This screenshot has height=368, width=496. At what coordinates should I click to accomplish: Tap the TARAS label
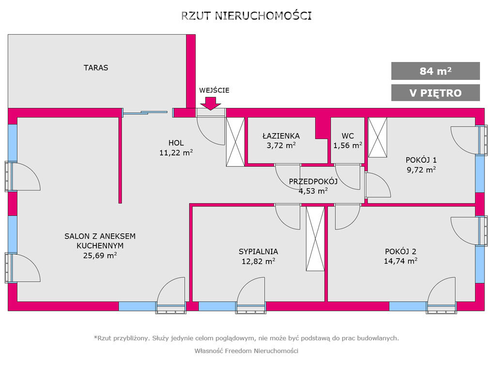(96, 68)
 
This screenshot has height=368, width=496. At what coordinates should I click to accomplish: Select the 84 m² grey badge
(435, 71)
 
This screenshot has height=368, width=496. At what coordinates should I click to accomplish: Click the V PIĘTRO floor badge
(435, 92)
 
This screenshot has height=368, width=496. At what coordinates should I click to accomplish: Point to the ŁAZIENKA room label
(281, 136)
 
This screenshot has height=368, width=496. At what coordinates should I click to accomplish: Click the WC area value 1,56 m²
(348, 145)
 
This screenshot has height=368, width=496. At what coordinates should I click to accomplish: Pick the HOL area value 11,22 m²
(176, 153)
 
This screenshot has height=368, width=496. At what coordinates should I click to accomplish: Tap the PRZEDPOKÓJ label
(313, 182)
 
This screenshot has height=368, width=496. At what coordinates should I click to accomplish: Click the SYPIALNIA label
(258, 252)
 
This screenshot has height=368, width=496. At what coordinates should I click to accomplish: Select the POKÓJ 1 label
(421, 160)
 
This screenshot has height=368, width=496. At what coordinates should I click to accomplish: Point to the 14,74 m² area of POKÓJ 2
(401, 261)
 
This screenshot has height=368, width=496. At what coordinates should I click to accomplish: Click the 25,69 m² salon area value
(100, 256)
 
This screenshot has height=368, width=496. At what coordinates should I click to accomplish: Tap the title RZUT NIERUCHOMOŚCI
(247, 16)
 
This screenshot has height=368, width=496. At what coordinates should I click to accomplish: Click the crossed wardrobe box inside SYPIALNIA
(315, 239)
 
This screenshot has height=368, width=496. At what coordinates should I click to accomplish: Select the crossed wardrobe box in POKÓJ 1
(378, 138)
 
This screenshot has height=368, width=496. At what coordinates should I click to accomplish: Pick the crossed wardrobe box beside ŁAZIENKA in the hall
(235, 142)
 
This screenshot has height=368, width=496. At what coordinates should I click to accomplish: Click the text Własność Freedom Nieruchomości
(247, 351)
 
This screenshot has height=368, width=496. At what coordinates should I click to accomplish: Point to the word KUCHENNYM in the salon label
(100, 245)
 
